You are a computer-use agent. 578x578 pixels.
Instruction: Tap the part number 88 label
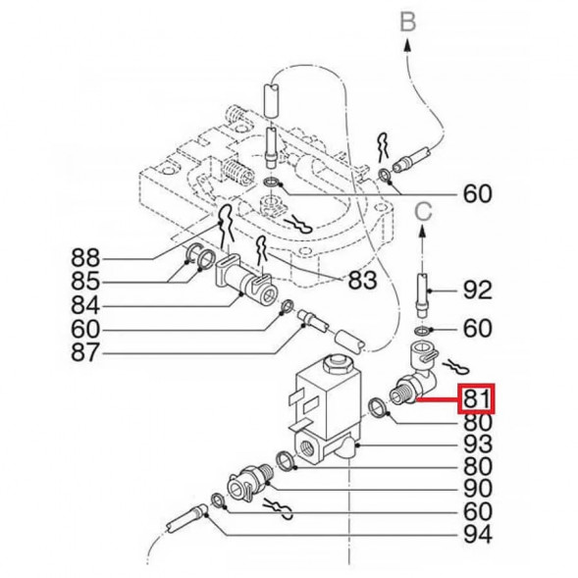86,259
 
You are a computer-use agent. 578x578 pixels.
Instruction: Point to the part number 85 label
86,282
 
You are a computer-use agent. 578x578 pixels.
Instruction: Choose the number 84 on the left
86,305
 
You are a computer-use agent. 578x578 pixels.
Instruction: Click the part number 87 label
86,351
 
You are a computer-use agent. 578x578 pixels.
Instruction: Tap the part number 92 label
478,290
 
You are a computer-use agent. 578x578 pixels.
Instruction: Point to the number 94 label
478,536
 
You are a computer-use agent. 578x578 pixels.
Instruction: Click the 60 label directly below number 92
478,328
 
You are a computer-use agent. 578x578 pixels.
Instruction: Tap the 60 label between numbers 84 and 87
86,329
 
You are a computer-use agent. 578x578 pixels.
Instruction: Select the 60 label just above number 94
478,513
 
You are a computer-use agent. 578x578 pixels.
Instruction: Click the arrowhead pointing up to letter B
409,39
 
